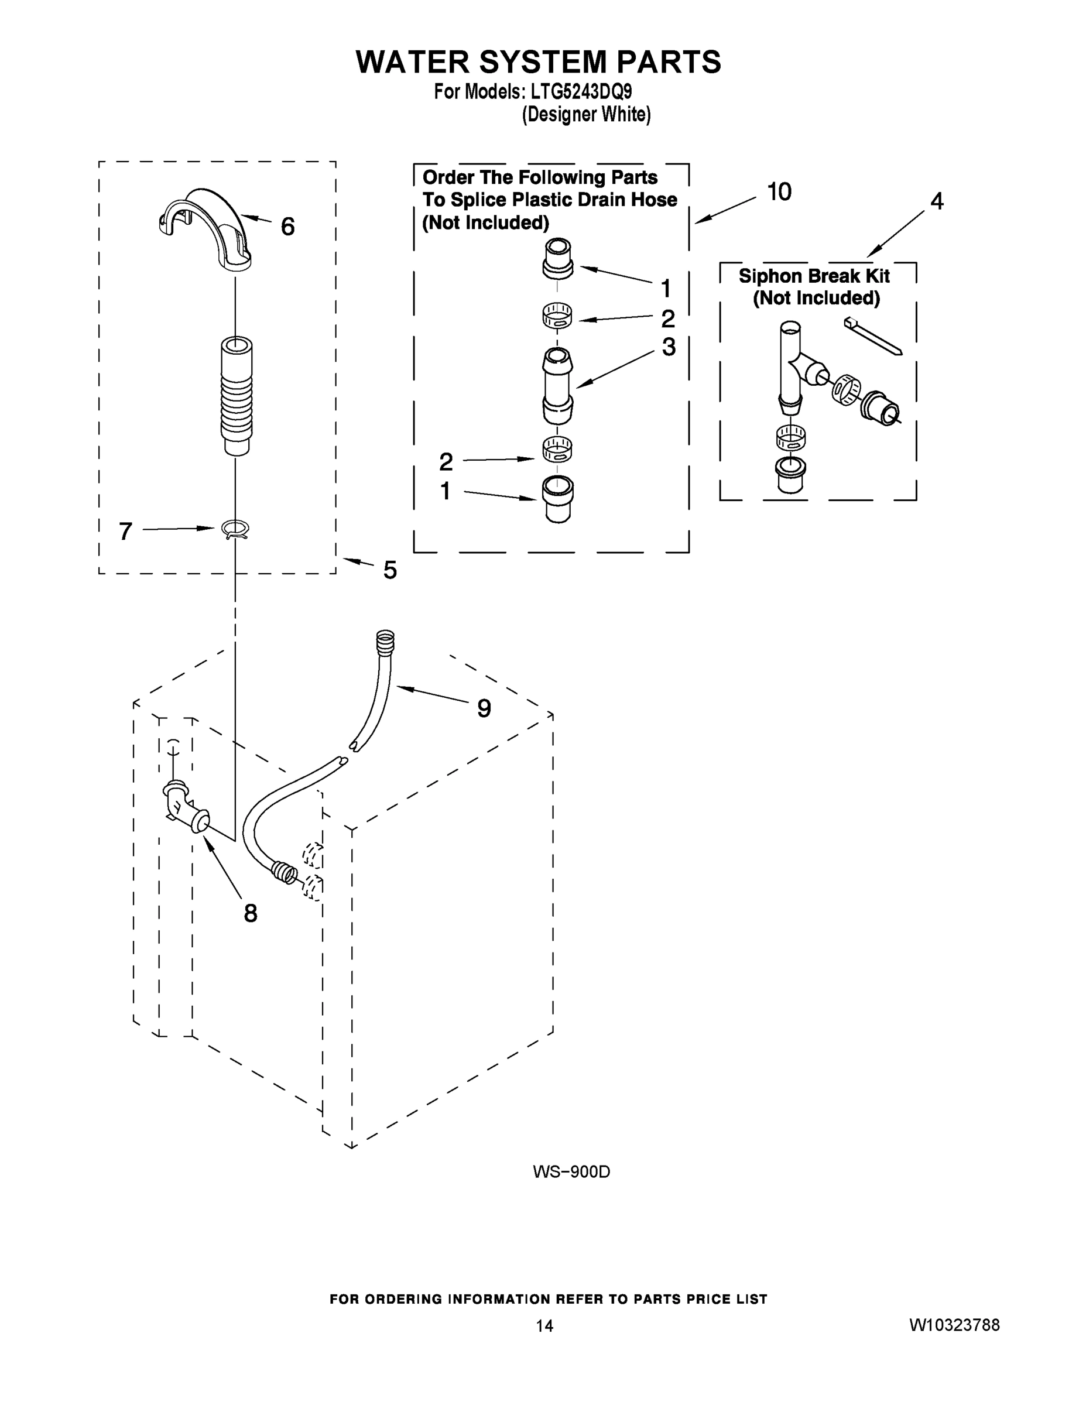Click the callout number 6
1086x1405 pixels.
point(287,227)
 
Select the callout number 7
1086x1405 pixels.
point(125,531)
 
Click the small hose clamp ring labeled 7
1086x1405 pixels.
point(235,528)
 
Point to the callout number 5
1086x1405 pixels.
point(390,570)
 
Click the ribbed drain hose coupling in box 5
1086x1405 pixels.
point(236,395)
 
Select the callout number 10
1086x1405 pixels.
point(779,191)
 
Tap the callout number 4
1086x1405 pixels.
point(937,201)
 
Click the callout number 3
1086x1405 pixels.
point(669,347)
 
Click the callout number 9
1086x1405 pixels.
point(484,708)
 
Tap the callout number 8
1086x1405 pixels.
point(250,913)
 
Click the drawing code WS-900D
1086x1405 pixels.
point(571,1172)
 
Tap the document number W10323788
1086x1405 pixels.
point(954,1325)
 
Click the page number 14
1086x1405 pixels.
point(544,1326)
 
